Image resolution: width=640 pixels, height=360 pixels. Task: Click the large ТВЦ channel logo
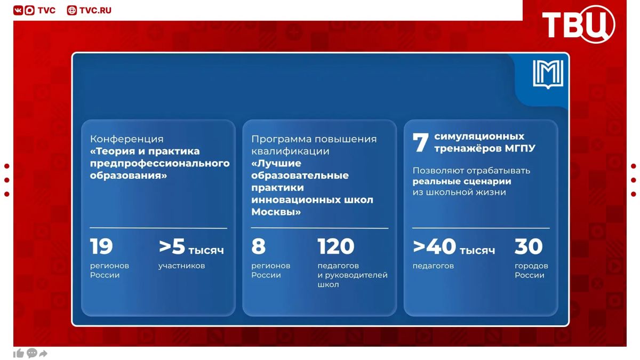point(578,24)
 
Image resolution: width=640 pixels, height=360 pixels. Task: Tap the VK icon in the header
point(18,10)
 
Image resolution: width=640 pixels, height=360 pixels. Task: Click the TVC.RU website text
point(95,10)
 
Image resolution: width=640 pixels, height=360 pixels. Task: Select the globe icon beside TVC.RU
point(71,10)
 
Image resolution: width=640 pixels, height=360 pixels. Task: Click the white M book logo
point(548,74)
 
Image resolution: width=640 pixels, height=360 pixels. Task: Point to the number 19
point(101,246)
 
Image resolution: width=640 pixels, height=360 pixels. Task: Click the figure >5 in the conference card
point(172,246)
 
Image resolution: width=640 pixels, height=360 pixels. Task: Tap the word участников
point(182,266)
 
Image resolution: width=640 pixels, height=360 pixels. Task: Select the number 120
point(336,246)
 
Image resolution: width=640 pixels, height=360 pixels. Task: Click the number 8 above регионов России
point(258,246)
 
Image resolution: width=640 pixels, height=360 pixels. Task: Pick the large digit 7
point(421,142)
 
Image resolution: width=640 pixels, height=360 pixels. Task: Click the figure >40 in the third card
point(434,246)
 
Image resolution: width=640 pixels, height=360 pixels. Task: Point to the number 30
point(529,246)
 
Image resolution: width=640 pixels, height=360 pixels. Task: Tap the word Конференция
point(127,139)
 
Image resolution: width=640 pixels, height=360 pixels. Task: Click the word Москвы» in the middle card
point(276,212)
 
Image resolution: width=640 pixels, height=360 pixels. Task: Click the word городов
point(531,266)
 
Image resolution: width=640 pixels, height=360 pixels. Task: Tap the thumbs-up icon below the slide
point(19,354)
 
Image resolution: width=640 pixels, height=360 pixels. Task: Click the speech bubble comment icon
point(31,353)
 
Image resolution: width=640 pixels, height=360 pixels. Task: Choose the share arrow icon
point(43,354)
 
